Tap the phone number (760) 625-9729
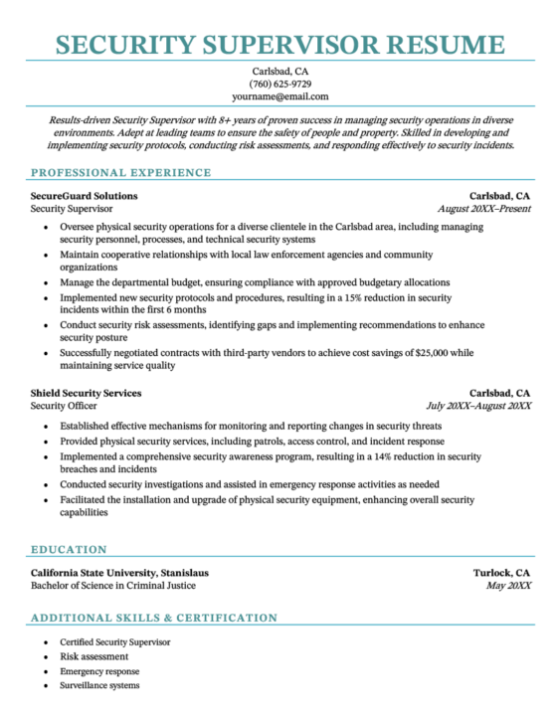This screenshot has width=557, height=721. point(279,84)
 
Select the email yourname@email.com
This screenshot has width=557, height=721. point(279,96)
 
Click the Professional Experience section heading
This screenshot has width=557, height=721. point(120,172)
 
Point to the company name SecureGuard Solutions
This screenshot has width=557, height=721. point(85,196)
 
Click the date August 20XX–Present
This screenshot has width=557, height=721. point(483,209)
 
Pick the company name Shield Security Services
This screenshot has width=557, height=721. point(86,393)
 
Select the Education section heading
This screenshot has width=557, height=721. point(69,548)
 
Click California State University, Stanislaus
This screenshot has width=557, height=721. point(119,573)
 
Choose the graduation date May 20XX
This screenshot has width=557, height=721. point(509,586)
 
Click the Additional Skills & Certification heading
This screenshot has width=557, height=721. point(154,618)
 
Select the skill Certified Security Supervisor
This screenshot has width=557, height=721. point(115,642)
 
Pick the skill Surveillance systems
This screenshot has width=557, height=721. point(99,685)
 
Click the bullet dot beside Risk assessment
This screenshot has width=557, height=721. point(47,657)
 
